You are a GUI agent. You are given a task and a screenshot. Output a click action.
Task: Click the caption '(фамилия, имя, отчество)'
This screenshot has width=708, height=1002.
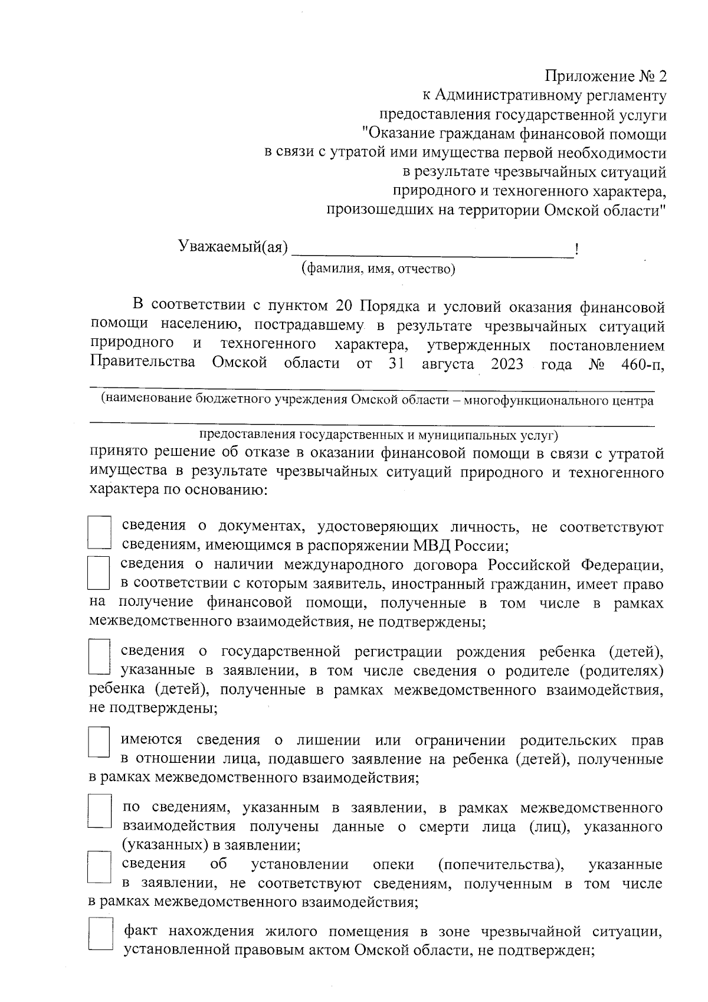coord(378,269)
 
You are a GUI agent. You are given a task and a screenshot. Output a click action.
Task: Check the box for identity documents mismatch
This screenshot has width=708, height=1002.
coord(99,534)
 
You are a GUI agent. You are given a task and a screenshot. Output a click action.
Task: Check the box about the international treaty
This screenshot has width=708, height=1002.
coord(99,573)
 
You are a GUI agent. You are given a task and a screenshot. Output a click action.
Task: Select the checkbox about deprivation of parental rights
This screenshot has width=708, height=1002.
coord(99,742)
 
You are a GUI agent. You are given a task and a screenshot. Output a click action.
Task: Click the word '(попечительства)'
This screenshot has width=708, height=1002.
coord(500,865)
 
